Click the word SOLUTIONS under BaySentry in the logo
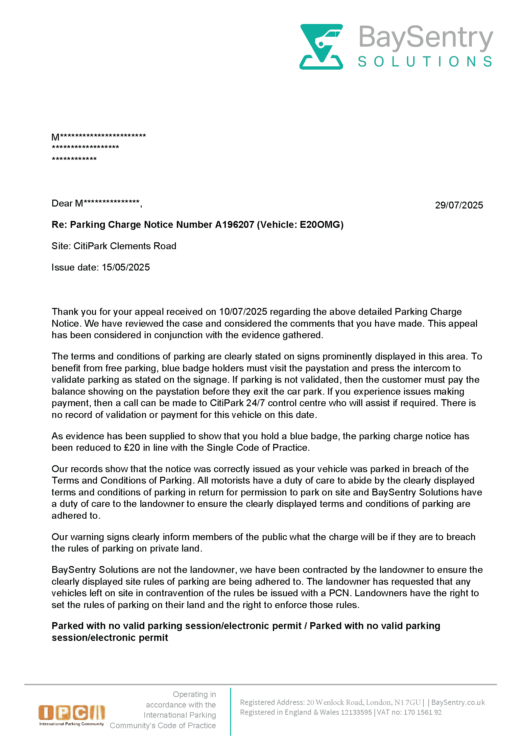425,62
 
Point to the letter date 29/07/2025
459,205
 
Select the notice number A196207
234,225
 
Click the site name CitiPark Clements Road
125,246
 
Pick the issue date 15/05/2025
126,267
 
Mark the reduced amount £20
132,447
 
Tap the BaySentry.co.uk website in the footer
458,702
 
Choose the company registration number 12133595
356,712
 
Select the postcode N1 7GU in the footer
408,702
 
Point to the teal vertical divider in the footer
230,711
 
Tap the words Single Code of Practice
257,447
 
